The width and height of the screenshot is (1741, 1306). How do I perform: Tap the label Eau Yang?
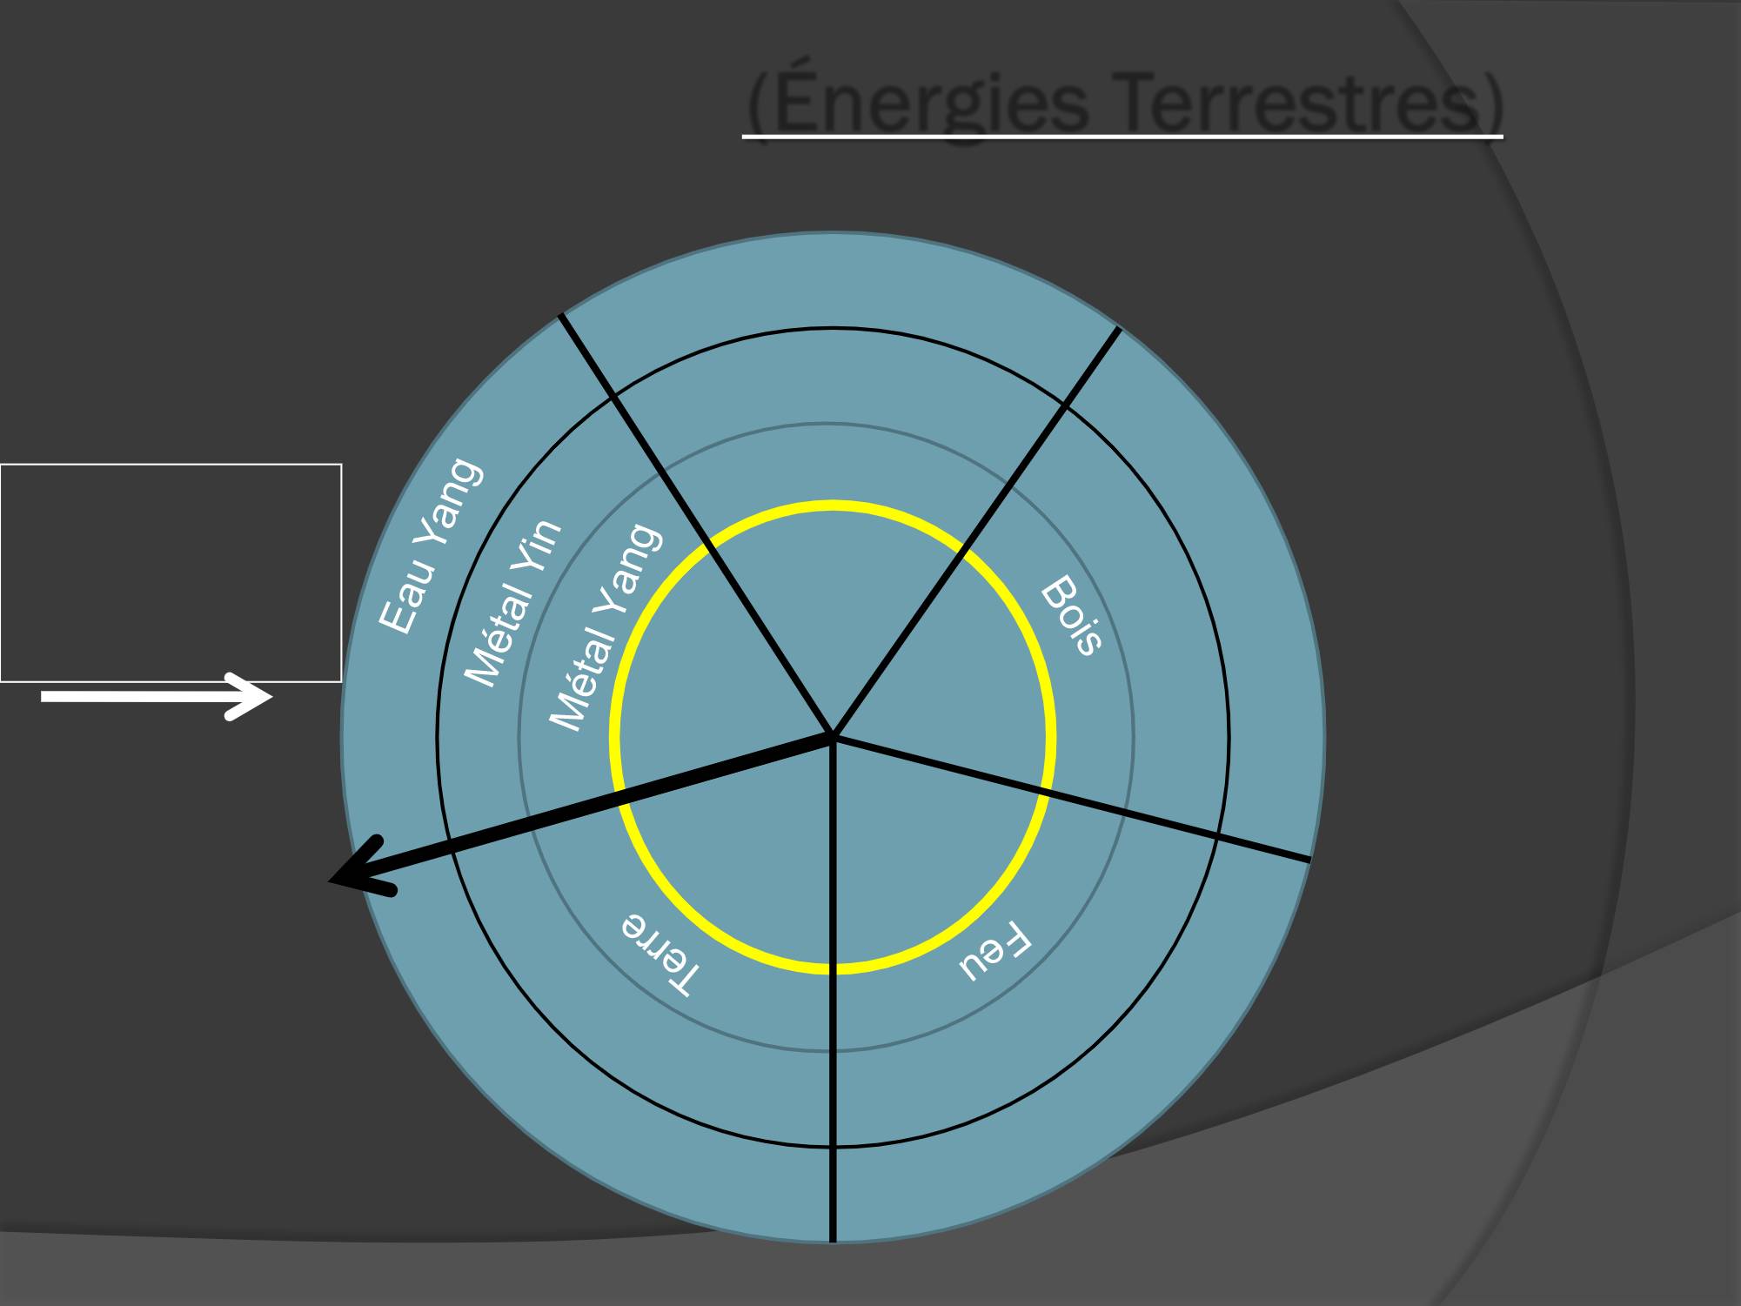click(x=430, y=546)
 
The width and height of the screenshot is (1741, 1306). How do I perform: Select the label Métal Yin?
click(x=512, y=603)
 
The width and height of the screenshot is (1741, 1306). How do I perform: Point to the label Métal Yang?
click(x=606, y=627)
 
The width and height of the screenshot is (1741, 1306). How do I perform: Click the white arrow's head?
click(x=251, y=696)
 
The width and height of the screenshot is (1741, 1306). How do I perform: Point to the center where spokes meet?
click(x=833, y=737)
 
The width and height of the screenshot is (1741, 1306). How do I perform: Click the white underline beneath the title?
click(x=1122, y=137)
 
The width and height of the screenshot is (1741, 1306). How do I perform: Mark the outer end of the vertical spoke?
click(x=833, y=1241)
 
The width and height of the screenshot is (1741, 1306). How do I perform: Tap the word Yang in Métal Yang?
click(x=633, y=570)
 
